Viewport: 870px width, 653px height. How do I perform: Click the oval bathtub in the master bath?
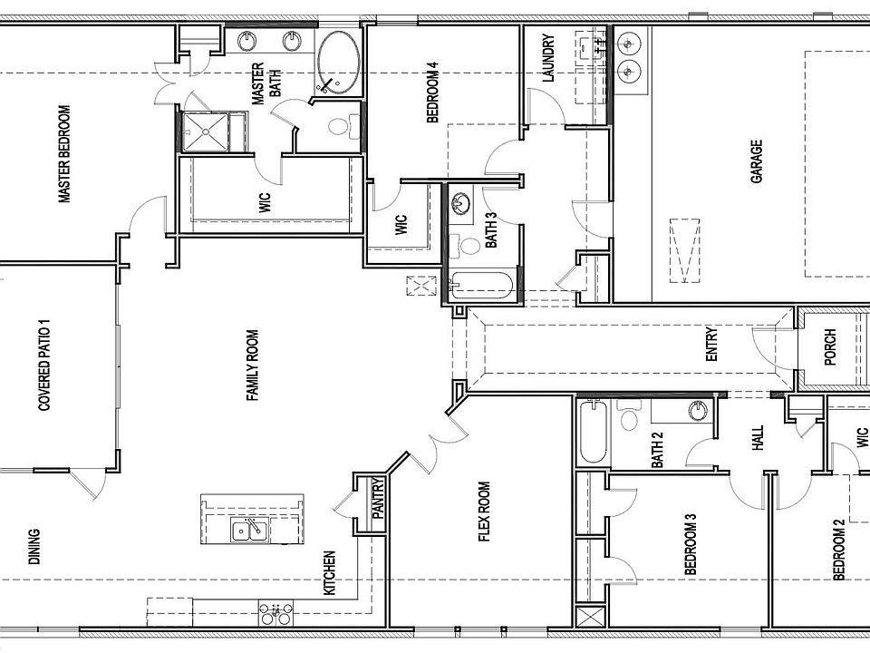(x=338, y=63)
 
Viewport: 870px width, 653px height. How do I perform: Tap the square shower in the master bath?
(x=206, y=132)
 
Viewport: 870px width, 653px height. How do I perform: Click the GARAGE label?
(x=756, y=161)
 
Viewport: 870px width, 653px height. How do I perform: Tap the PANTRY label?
(x=379, y=499)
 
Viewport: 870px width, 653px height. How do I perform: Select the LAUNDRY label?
(x=548, y=58)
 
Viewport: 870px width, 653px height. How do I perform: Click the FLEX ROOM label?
(x=484, y=512)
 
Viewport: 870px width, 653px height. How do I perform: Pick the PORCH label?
(x=830, y=347)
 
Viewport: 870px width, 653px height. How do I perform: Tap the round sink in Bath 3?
(x=460, y=204)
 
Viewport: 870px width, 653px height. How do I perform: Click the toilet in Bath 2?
(x=629, y=414)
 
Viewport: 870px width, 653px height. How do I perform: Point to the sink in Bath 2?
(x=698, y=411)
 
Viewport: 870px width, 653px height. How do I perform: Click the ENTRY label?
(x=712, y=345)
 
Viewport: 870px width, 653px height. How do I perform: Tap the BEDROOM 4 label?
(x=433, y=92)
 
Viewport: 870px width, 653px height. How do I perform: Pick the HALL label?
(x=758, y=437)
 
